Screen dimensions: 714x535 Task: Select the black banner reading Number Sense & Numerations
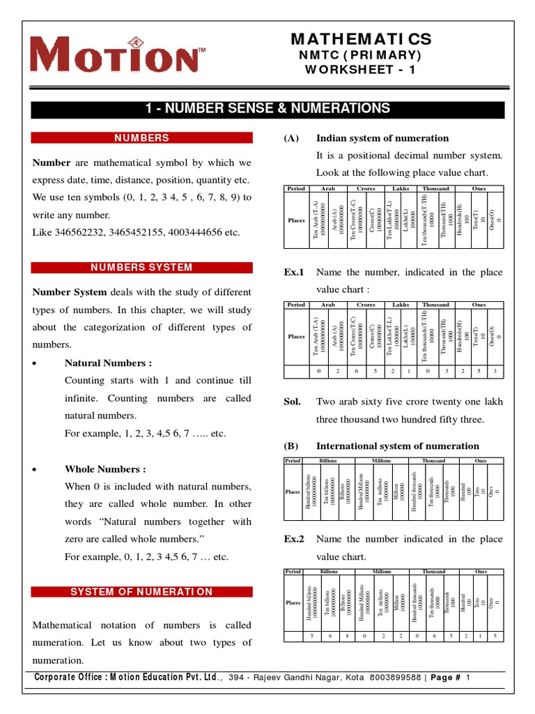click(x=267, y=108)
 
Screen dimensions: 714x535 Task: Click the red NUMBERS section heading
click(x=141, y=139)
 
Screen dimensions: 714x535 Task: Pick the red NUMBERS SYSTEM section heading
click(x=141, y=268)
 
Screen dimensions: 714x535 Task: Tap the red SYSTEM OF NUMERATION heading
click(x=141, y=592)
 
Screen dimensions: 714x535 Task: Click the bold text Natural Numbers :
click(x=108, y=363)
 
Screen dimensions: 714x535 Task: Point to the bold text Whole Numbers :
click(x=105, y=469)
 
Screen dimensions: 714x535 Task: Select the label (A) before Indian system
click(x=291, y=138)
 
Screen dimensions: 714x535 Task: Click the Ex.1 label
click(x=293, y=272)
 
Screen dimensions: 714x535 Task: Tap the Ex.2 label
click(x=293, y=539)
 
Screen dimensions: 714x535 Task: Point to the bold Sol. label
click(x=292, y=402)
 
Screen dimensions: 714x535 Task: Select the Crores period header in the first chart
click(x=366, y=188)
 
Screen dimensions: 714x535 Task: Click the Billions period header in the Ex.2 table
click(x=328, y=571)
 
